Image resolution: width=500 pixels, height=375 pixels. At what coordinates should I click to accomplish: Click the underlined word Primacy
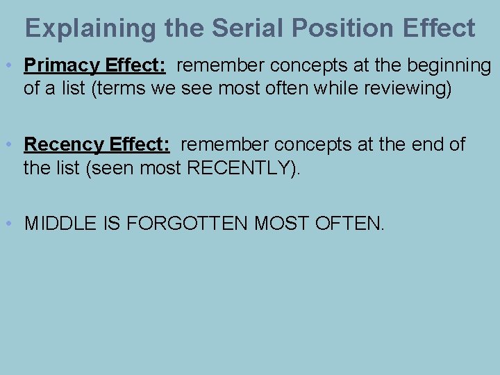62,66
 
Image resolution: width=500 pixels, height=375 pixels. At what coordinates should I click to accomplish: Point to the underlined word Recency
64,145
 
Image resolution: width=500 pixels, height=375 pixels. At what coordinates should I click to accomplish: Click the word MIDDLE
58,224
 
